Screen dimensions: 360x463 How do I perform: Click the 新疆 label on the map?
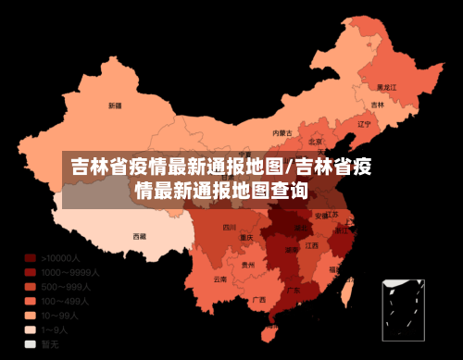coord(115,106)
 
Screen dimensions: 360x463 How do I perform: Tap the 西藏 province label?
coord(139,236)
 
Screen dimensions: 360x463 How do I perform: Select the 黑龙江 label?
coord(387,86)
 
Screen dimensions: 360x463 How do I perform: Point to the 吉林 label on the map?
coord(377,105)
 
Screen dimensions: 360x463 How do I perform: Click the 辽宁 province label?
coord(364,123)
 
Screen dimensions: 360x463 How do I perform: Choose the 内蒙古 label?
coord(282,133)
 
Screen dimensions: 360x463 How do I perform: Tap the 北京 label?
coord(316,142)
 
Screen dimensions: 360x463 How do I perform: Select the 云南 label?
coord(219,279)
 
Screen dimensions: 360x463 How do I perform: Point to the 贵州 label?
coord(247,265)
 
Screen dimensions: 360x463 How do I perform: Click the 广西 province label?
coord(259,299)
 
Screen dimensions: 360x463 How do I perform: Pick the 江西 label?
coord(312,245)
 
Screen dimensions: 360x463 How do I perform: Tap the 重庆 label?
coord(246,237)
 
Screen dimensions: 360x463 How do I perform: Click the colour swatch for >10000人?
coord(31,258)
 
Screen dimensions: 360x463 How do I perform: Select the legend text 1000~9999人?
coord(70,272)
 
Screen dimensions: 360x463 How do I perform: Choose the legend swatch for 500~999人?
coord(31,287)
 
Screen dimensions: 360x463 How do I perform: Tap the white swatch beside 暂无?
coord(31,343)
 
